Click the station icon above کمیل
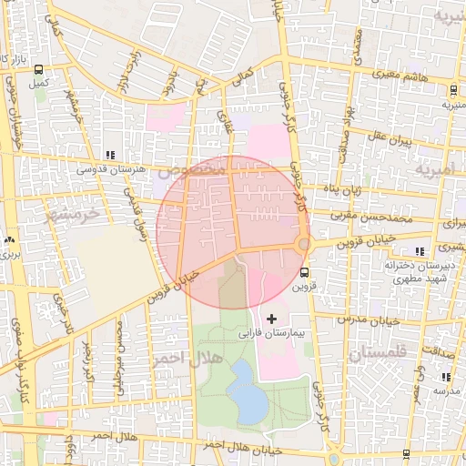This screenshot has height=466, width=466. tap(37, 69)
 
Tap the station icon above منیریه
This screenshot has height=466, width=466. tap(453, 88)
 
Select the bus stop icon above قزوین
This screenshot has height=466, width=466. tap(304, 271)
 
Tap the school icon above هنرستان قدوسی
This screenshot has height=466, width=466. tap(110, 155)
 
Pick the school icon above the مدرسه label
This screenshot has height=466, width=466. tap(444, 377)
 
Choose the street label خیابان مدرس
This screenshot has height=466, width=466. tap(370, 319)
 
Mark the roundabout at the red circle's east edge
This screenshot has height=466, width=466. tap(303, 243)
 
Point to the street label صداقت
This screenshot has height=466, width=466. tap(434, 361)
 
